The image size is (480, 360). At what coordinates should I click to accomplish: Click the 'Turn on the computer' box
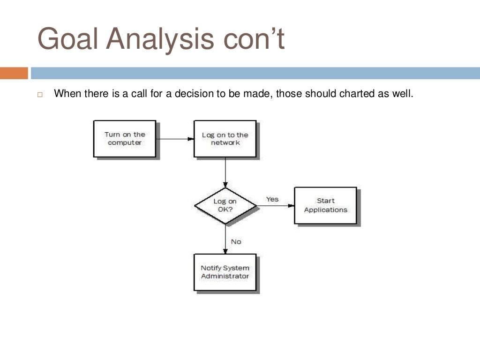pos(125,139)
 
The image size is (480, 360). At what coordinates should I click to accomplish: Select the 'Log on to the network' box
pos(225,139)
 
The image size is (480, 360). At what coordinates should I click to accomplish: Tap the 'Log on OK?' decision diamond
pos(225,206)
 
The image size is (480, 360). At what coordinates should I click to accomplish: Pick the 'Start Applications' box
pos(325,206)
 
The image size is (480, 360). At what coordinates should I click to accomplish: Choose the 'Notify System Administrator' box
pos(225,272)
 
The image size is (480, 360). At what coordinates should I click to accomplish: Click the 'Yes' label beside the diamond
pos(272,199)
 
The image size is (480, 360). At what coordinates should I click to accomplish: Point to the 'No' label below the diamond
pos(236,242)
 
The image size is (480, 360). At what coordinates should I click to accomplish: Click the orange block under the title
pos(14,74)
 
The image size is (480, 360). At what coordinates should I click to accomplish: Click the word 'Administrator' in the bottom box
pos(225,276)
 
